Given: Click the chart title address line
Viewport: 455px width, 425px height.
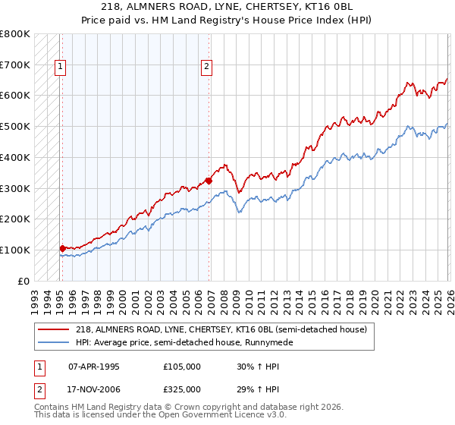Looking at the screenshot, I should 227,7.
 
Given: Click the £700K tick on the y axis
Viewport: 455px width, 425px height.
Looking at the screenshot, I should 15,65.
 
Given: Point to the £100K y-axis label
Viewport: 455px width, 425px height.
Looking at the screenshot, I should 15,250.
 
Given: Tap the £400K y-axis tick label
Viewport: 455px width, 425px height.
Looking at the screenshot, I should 15,157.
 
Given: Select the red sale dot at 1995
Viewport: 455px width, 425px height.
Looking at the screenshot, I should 62,247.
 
